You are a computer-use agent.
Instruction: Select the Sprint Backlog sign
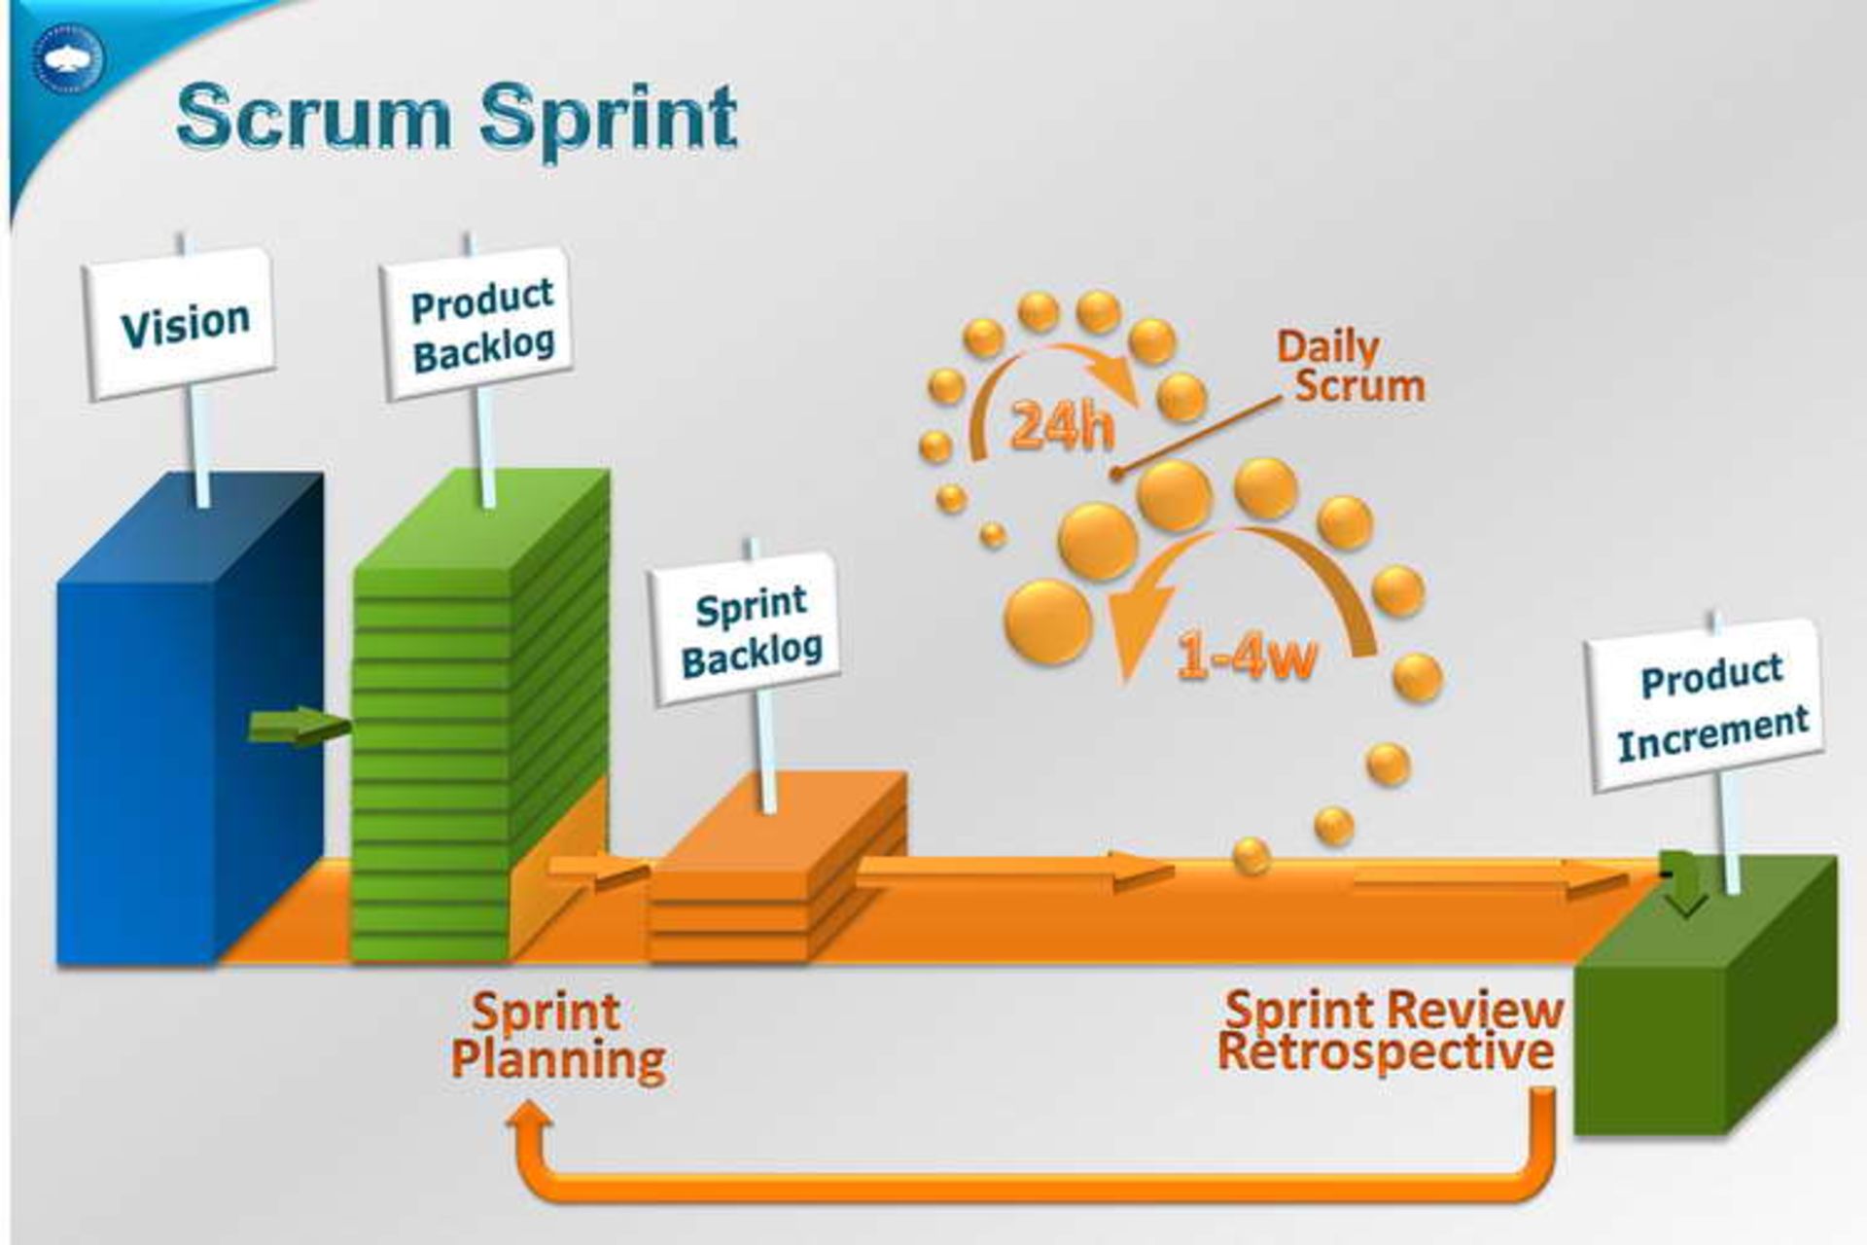[747, 629]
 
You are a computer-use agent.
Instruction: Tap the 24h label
[1061, 425]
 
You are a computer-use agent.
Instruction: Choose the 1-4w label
[1248, 657]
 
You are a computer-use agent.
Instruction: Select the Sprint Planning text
[557, 1037]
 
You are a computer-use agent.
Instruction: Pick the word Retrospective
[1385, 1053]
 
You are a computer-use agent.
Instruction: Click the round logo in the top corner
[67, 57]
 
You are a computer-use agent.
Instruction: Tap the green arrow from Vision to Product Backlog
[298, 726]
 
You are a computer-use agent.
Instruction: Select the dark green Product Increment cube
[1702, 1021]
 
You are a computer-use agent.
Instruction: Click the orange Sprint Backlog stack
[778, 875]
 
